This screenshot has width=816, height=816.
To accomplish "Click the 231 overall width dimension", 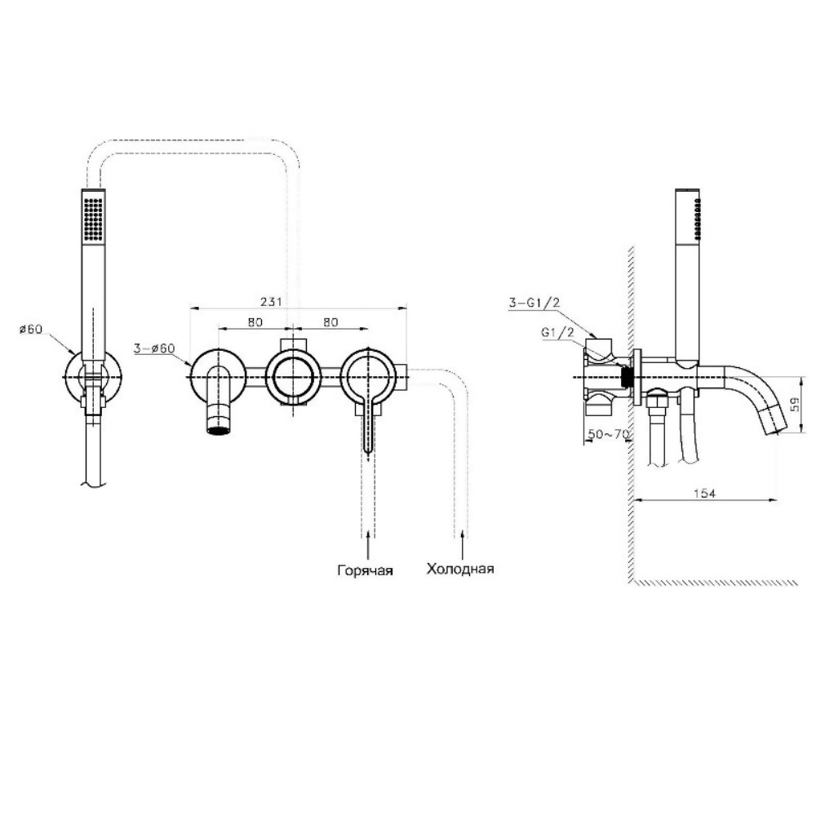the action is pyautogui.click(x=271, y=301).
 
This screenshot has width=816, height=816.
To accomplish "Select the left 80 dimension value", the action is pyautogui.click(x=255, y=322).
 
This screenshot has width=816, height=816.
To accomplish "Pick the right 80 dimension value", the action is pyautogui.click(x=330, y=322).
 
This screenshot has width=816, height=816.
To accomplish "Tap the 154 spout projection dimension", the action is pyautogui.click(x=705, y=494).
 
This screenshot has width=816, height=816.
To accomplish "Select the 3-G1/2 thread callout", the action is pyautogui.click(x=534, y=303).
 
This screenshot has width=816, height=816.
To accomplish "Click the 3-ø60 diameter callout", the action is pyautogui.click(x=154, y=348).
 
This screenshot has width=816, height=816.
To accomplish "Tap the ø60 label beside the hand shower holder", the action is pyautogui.click(x=31, y=330).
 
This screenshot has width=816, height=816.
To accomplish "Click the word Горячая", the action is pyautogui.click(x=366, y=571).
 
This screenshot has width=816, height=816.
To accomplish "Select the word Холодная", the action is pyautogui.click(x=460, y=568).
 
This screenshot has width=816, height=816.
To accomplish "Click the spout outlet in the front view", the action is pyautogui.click(x=219, y=430).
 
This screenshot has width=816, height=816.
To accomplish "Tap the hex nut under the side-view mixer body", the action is pyautogui.click(x=657, y=401).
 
